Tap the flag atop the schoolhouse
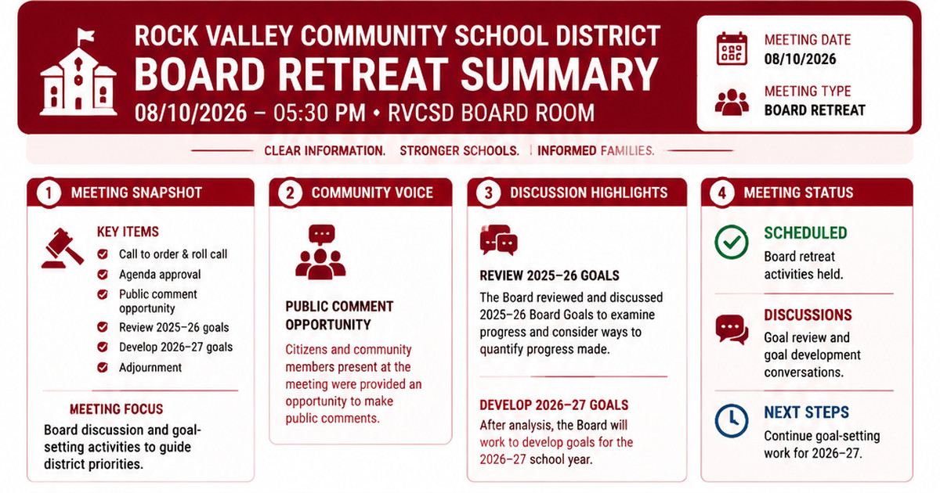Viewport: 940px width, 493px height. coord(85,36)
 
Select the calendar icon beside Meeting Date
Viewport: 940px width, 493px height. coord(732,49)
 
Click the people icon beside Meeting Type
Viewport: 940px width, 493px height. coord(732,102)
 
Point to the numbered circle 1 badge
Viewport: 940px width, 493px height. coord(49,193)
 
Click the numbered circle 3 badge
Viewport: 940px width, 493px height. coord(488,193)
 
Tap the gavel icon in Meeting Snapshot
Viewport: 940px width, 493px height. coord(63,248)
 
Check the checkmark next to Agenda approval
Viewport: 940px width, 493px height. coord(103,275)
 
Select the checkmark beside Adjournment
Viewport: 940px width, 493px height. coord(103,368)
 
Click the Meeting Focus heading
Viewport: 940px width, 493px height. coord(116,409)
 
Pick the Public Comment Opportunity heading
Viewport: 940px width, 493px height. coord(339,315)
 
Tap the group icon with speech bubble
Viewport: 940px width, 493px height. coord(320,252)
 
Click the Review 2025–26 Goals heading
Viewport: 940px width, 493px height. coord(549,275)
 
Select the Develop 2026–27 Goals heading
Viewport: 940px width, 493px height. coord(554,405)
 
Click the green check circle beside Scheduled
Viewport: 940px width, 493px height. coord(732,242)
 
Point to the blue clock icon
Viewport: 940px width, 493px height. coord(732,420)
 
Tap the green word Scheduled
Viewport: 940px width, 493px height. coord(805,233)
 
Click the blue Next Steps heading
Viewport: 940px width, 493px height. coord(806,412)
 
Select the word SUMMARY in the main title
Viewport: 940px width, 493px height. coord(559,74)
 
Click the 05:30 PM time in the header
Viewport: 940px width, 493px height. coord(320,113)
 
